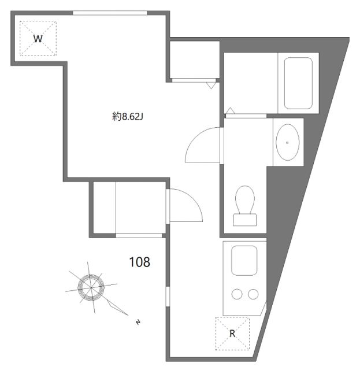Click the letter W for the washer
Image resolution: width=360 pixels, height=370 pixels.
point(38,39)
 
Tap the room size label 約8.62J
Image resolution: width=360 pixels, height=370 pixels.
point(127,117)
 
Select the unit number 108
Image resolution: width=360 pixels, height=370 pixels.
point(139,262)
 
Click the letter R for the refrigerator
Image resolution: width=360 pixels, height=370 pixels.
point(232,334)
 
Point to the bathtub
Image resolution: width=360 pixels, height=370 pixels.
point(298,83)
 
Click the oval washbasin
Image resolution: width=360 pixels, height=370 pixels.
point(287,142)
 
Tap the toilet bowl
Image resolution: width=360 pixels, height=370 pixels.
point(245,199)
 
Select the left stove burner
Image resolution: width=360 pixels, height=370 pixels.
point(237,294)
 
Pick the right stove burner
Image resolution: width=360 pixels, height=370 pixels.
point(253,294)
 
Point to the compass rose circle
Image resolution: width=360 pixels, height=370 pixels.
point(91,286)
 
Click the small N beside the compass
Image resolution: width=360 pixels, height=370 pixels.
point(138,321)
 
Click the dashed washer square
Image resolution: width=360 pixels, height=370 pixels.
point(39,38)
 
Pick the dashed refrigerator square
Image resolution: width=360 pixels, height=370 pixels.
point(232,334)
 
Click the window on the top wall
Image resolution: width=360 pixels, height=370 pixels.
point(110,12)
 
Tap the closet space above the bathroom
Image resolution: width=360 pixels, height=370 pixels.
point(195,59)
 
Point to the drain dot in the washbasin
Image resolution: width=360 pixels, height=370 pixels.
point(287,142)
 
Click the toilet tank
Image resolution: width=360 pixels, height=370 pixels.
point(245,220)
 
